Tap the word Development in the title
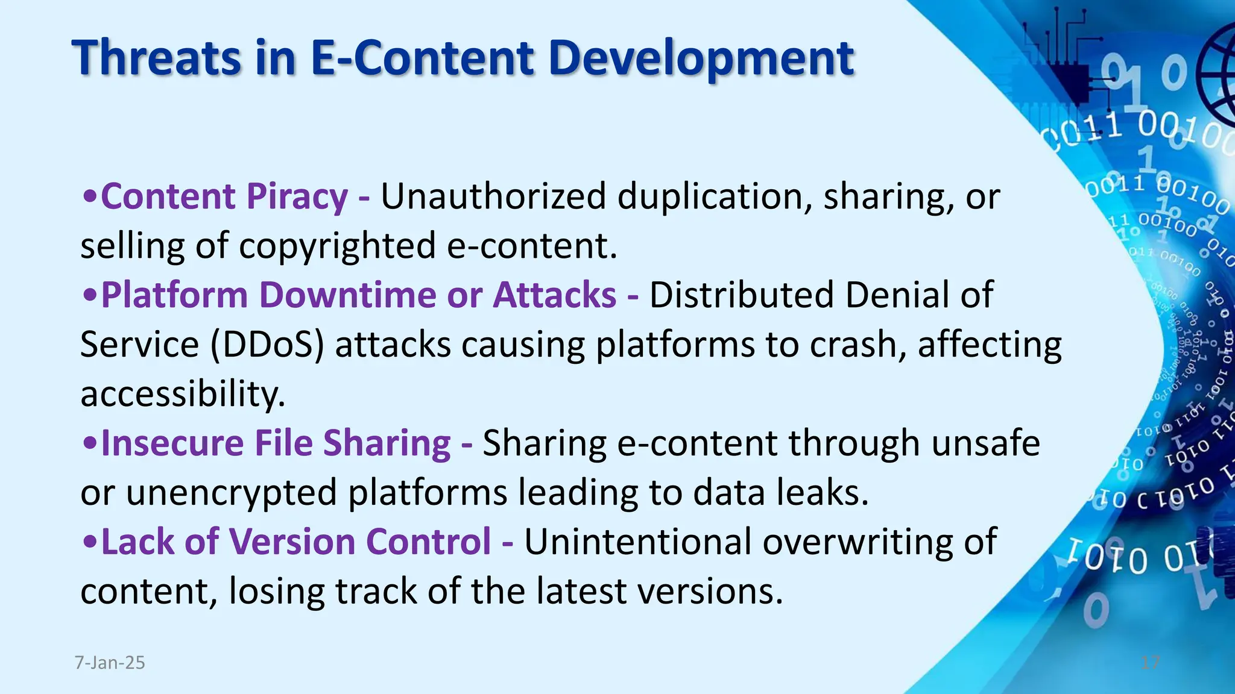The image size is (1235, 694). click(701, 58)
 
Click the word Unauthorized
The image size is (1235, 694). click(493, 196)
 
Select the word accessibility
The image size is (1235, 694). click(183, 394)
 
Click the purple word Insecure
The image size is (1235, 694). click(172, 443)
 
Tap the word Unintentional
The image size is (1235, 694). click(637, 542)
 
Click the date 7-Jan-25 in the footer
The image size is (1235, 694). click(110, 663)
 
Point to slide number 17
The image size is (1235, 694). click(1151, 663)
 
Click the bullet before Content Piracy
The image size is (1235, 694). click(90, 197)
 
